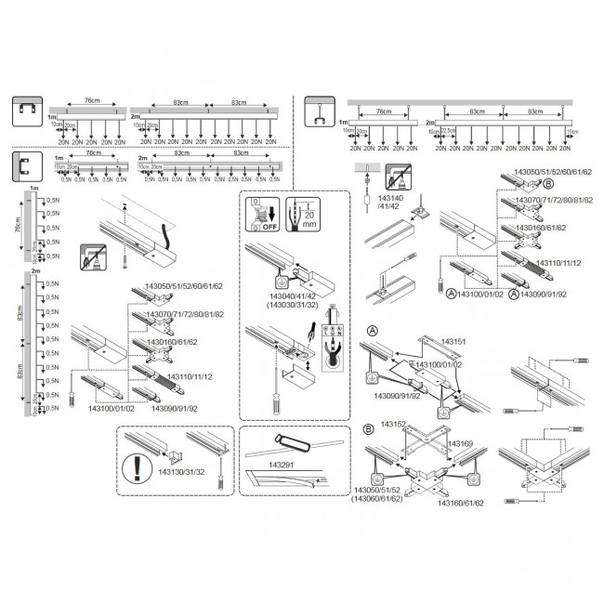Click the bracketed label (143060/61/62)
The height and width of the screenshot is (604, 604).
(377, 498)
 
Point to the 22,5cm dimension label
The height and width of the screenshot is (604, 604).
(451, 131)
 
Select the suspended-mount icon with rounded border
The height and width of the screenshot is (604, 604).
(319, 115)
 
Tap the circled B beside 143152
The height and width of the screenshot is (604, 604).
(369, 429)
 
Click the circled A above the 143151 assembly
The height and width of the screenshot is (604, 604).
(372, 331)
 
